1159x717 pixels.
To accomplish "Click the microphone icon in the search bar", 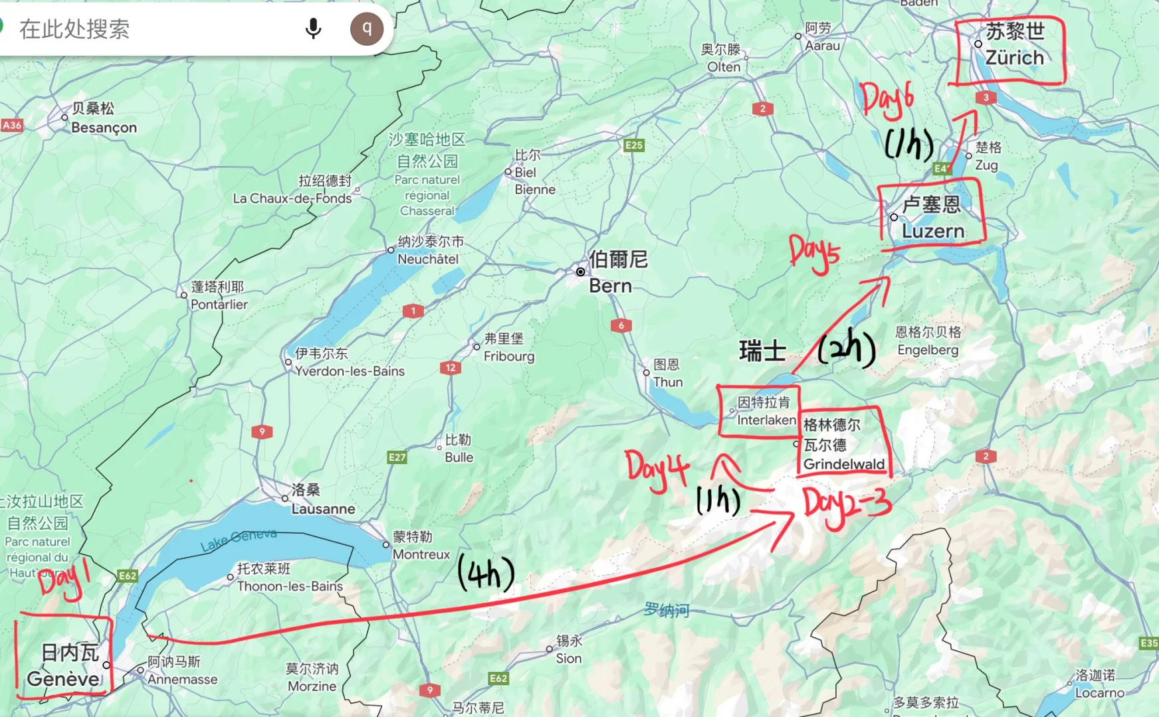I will (x=313, y=29).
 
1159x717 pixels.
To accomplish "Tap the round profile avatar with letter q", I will (x=367, y=29).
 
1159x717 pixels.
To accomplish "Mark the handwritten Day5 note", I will (x=814, y=253).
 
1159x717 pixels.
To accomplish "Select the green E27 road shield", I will (x=397, y=457).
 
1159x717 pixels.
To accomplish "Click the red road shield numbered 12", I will (x=451, y=367).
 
